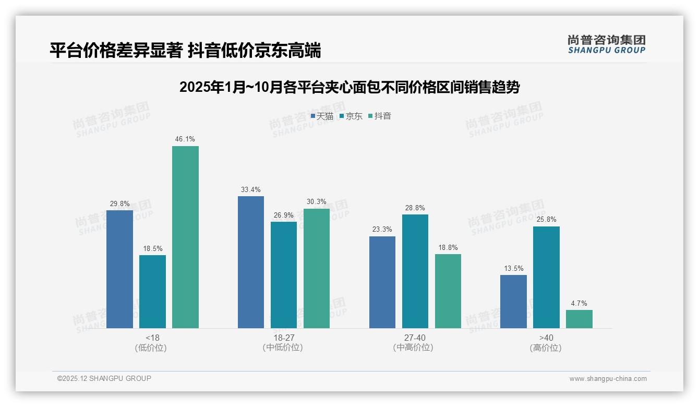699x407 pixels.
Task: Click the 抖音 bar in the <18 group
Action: tap(185, 237)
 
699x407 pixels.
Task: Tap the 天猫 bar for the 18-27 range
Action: tap(251, 262)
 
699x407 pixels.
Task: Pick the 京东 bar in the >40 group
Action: tap(546, 277)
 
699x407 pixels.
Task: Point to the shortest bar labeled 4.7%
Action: tap(579, 319)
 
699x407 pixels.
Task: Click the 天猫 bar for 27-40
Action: tap(382, 282)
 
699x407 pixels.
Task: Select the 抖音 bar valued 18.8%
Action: tap(448, 291)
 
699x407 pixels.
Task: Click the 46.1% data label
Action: tap(185, 139)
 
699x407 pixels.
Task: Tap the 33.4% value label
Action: tap(251, 189)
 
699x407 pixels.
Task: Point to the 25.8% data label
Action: tap(546, 220)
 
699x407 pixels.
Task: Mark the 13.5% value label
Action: tap(513, 268)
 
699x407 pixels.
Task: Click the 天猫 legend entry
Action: tap(322, 116)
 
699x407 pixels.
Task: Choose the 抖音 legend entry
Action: tap(380, 116)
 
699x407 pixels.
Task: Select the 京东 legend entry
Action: tap(351, 116)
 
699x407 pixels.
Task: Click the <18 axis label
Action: tap(153, 338)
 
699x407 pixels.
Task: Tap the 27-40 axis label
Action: tap(415, 338)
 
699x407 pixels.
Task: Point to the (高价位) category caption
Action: tap(546, 348)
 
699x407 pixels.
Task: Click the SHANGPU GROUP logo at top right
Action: tap(606, 44)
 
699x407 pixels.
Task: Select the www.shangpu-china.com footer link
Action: tap(608, 379)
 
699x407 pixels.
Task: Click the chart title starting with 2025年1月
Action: tap(349, 87)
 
